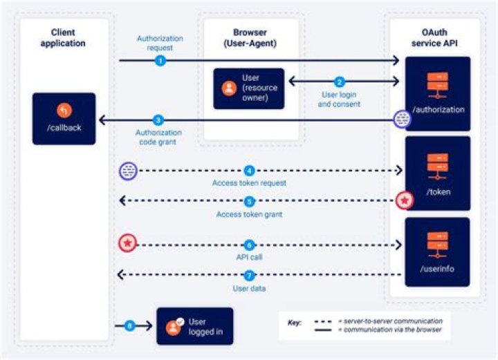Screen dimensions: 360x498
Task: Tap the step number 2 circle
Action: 339,81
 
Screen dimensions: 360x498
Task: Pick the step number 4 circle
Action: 250,170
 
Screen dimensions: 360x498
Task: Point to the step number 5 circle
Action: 250,202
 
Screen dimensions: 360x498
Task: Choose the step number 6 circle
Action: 250,245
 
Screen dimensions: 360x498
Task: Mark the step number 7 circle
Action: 250,276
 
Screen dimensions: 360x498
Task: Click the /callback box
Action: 64,118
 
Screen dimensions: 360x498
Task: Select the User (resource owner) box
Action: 248,88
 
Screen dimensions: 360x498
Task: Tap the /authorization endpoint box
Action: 437,93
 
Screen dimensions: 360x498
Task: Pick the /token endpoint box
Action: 437,173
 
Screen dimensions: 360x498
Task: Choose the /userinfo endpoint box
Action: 437,252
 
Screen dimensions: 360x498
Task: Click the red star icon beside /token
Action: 404,201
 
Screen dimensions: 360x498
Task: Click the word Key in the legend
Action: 293,322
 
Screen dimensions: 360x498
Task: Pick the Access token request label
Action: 249,183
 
